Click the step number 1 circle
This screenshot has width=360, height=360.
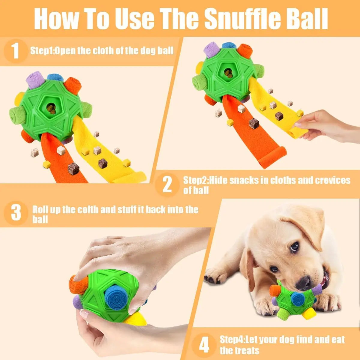click(x=16, y=51)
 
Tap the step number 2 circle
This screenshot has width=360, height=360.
click(x=167, y=185)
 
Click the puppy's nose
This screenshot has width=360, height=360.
click(x=304, y=282)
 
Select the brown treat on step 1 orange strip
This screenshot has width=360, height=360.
click(x=73, y=168)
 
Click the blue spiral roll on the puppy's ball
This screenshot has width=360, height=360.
click(x=298, y=299)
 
